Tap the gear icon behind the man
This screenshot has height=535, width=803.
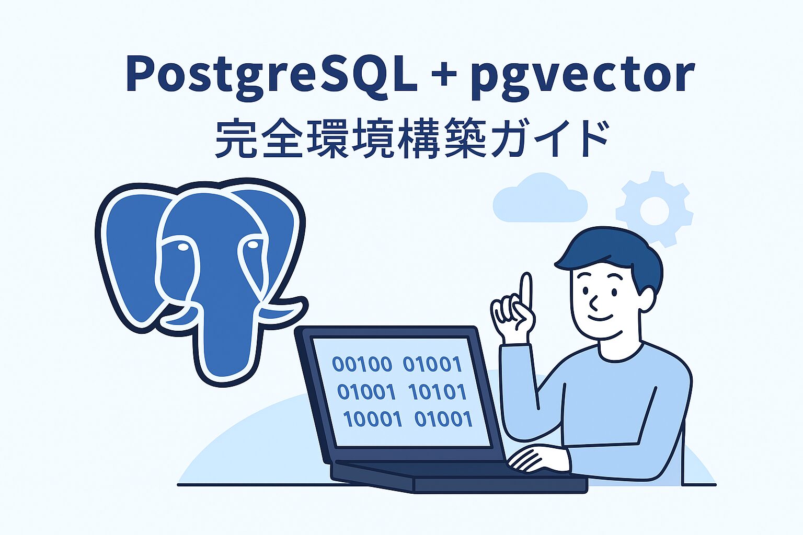click(655, 209)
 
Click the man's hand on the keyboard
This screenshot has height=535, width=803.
click(538, 460)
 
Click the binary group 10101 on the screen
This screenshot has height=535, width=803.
click(438, 392)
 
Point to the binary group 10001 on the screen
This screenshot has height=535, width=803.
click(373, 419)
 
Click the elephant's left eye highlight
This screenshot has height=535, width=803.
click(183, 247)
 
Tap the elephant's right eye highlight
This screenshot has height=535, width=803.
click(253, 245)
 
